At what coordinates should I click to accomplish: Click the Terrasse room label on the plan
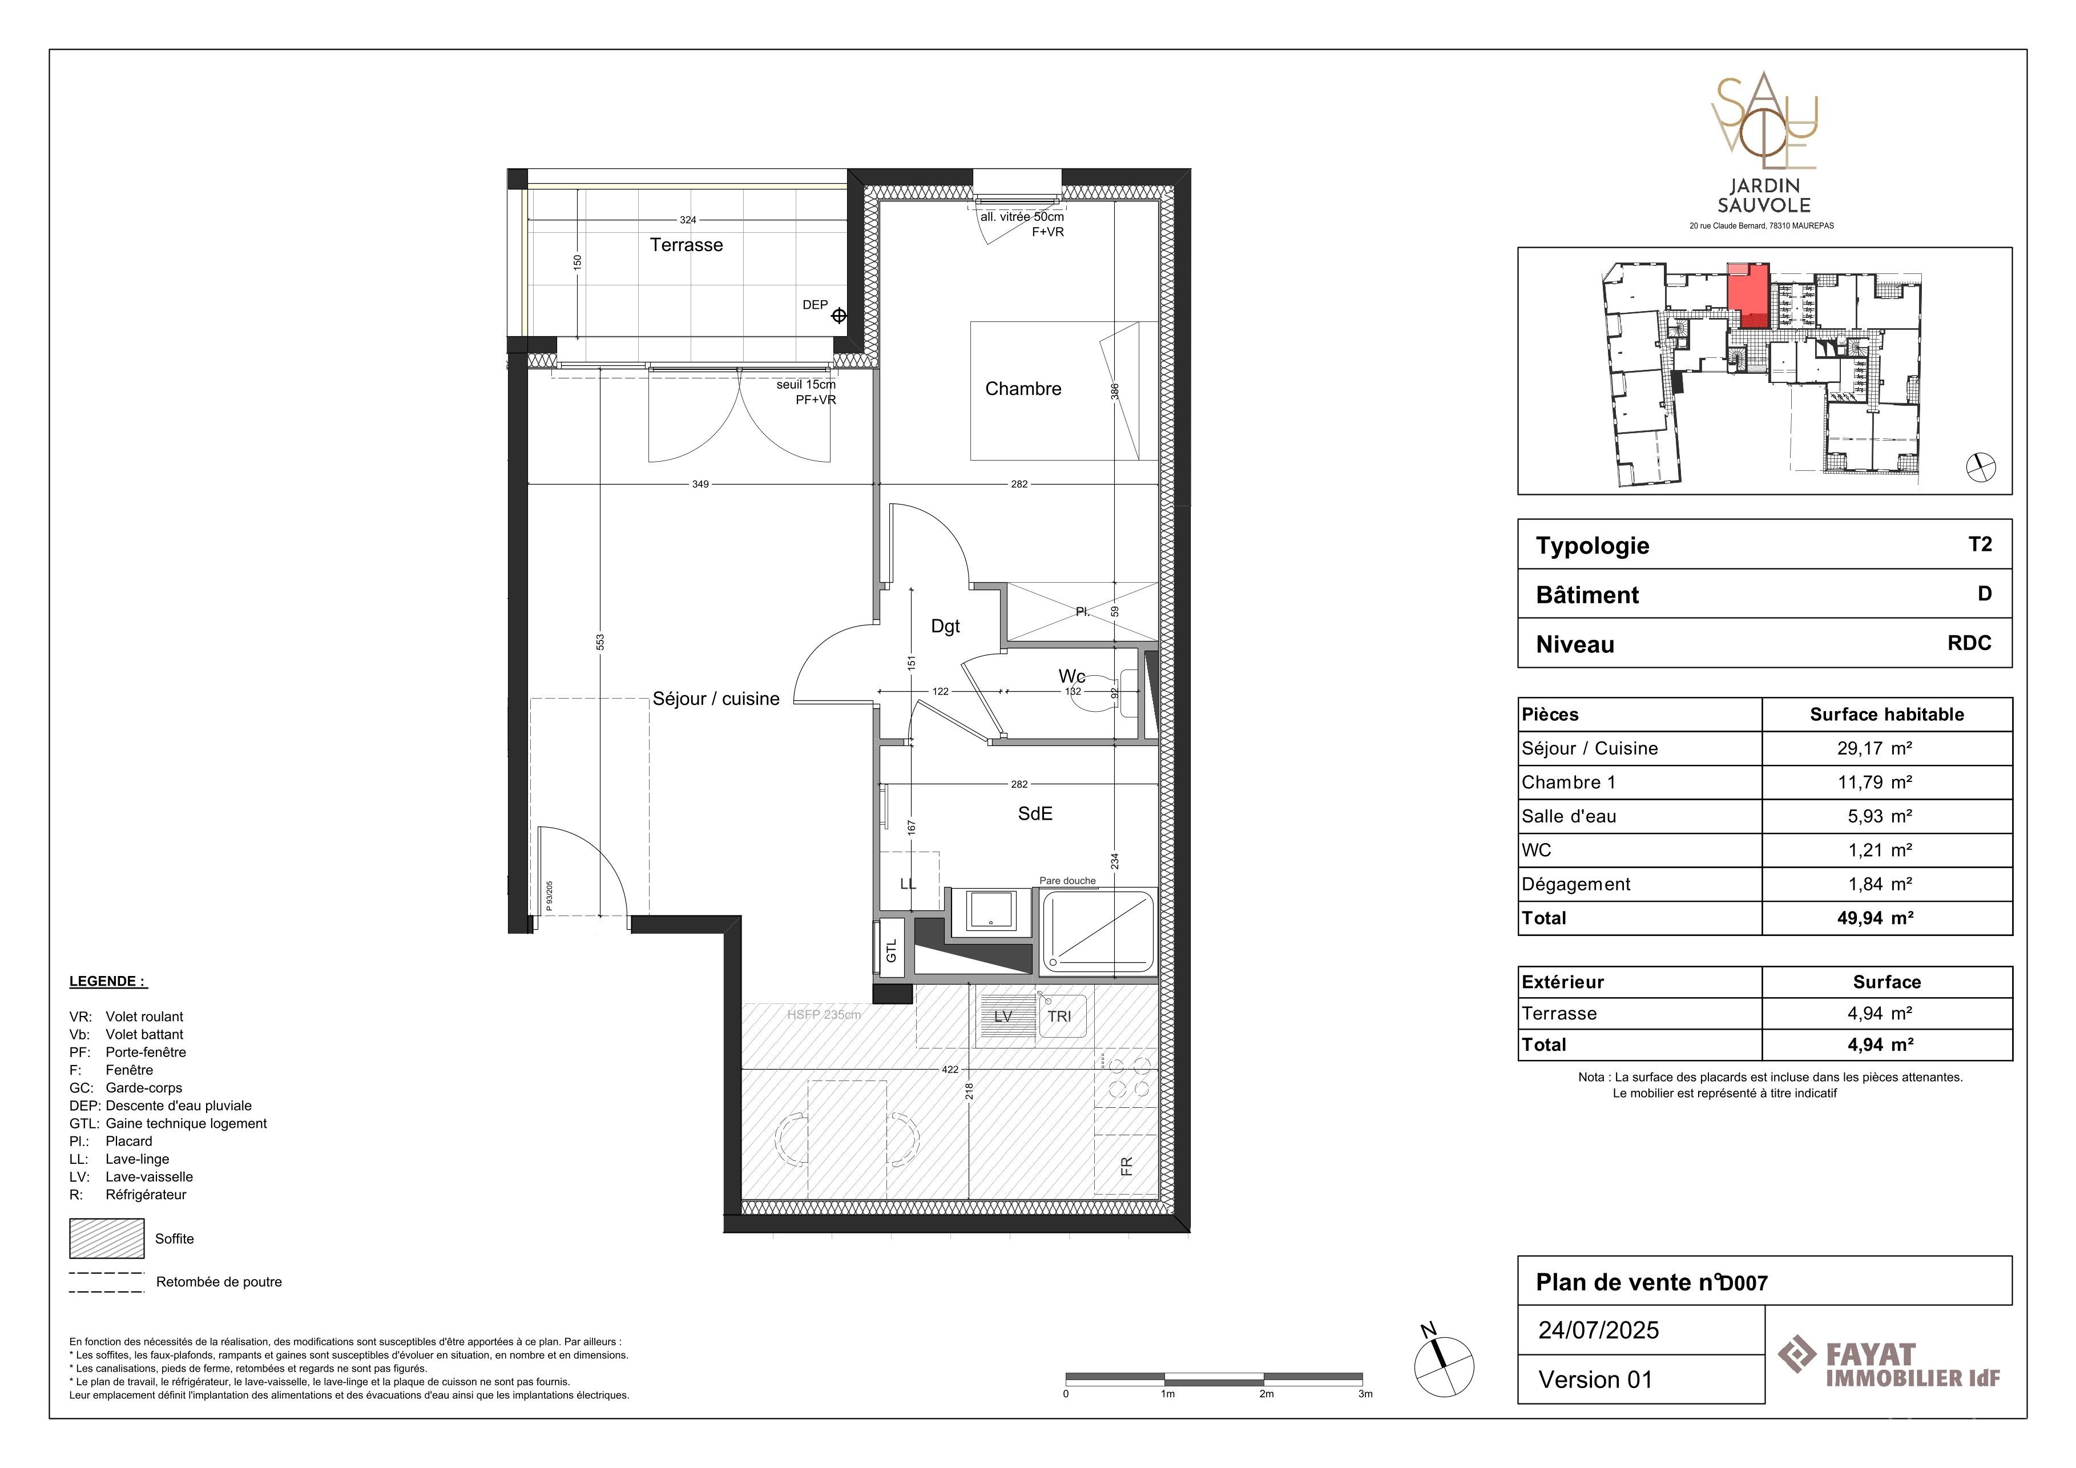[x=686, y=245]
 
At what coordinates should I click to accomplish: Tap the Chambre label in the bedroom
[x=1023, y=389]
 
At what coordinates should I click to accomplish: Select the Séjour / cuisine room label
[x=716, y=699]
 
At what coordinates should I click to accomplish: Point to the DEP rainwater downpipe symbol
[x=838, y=316]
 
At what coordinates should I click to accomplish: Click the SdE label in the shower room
[x=1035, y=813]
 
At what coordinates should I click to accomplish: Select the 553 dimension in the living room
[x=600, y=642]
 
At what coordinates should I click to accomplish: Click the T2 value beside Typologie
[x=1980, y=544]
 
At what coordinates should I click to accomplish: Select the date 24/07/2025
[x=1599, y=1330]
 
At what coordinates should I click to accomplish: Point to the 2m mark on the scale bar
[x=1266, y=1394]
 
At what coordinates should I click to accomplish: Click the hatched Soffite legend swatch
[x=107, y=1239]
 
